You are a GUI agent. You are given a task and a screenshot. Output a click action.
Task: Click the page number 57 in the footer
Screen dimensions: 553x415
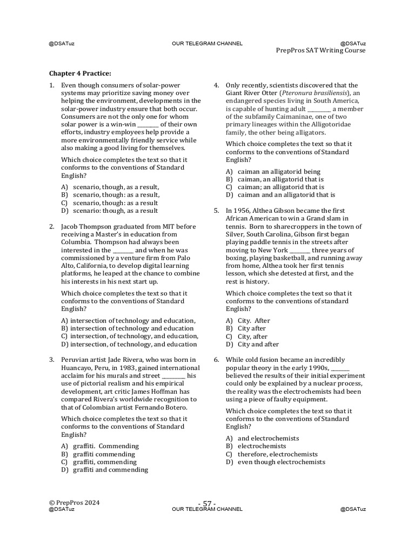click(207, 503)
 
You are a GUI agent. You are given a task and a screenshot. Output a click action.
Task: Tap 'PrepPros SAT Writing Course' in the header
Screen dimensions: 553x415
click(320, 50)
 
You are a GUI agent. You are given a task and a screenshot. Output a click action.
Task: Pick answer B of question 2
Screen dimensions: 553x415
click(128, 328)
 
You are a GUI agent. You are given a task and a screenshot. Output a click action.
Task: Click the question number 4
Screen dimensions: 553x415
click(216, 85)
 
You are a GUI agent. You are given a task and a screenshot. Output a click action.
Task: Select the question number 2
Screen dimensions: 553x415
click(51, 226)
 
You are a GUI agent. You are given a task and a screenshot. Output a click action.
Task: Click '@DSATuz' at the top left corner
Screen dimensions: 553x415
click(62, 43)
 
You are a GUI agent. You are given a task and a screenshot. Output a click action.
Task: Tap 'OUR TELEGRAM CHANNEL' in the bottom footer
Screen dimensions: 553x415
click(207, 509)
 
